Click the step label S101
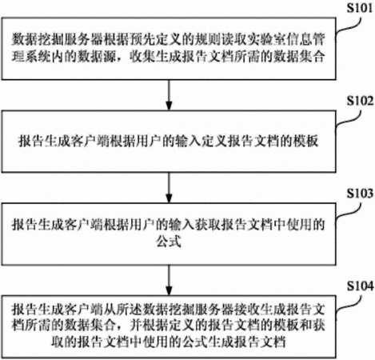coord(360,8)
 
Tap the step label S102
coord(360,101)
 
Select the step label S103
coord(360,194)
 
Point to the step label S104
coord(360,286)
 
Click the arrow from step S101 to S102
coord(169,95)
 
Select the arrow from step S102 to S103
coord(169,188)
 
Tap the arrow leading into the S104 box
coord(169,280)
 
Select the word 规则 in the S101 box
coord(207,39)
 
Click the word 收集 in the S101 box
coord(142,56)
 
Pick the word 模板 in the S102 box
coord(305,141)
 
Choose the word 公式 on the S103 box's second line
coord(169,242)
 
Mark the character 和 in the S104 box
coord(305,326)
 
